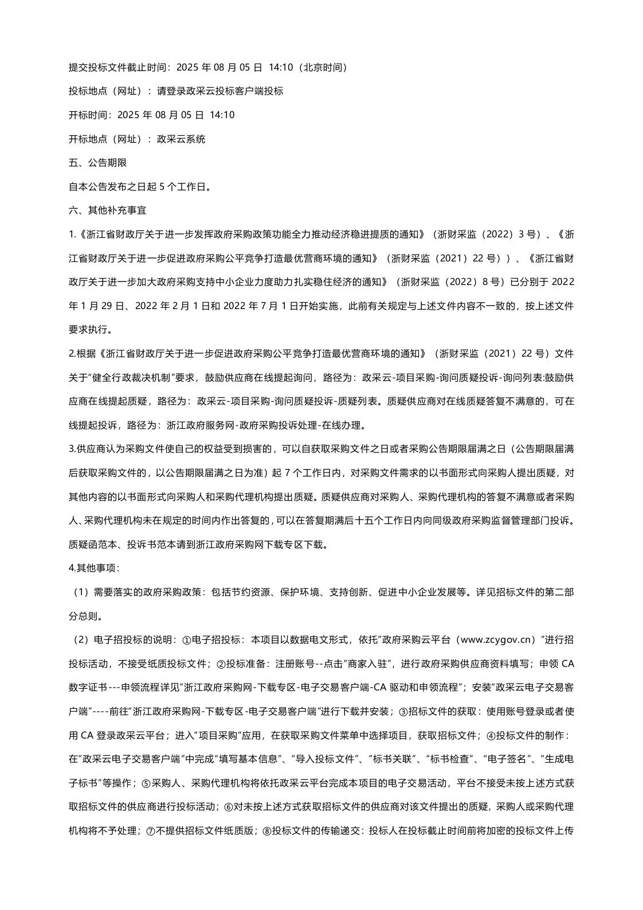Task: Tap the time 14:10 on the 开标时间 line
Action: (222, 115)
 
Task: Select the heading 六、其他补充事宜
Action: (107, 210)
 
